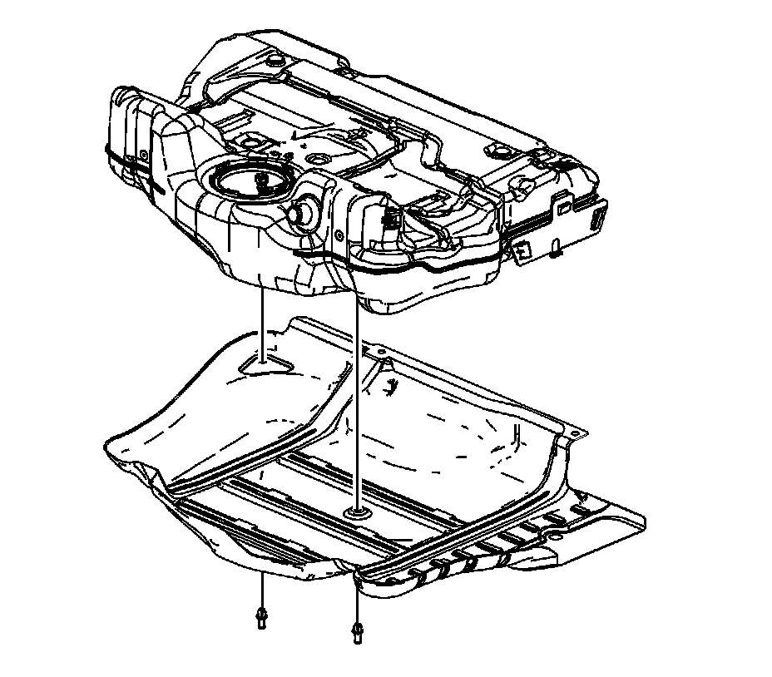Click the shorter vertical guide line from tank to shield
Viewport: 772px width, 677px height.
pos(264,324)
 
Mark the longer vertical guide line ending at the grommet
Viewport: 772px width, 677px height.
pos(358,399)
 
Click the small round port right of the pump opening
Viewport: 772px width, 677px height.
pos(318,158)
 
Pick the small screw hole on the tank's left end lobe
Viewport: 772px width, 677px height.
pos(143,155)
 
